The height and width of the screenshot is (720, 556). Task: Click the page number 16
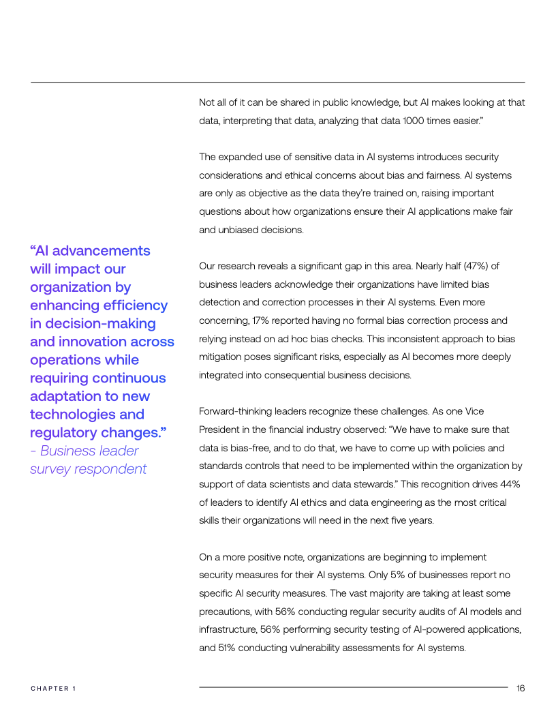[521, 688]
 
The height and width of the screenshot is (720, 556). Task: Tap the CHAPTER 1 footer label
[53, 689]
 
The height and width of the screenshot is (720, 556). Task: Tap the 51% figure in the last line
[208, 648]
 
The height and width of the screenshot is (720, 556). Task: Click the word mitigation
[219, 357]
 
